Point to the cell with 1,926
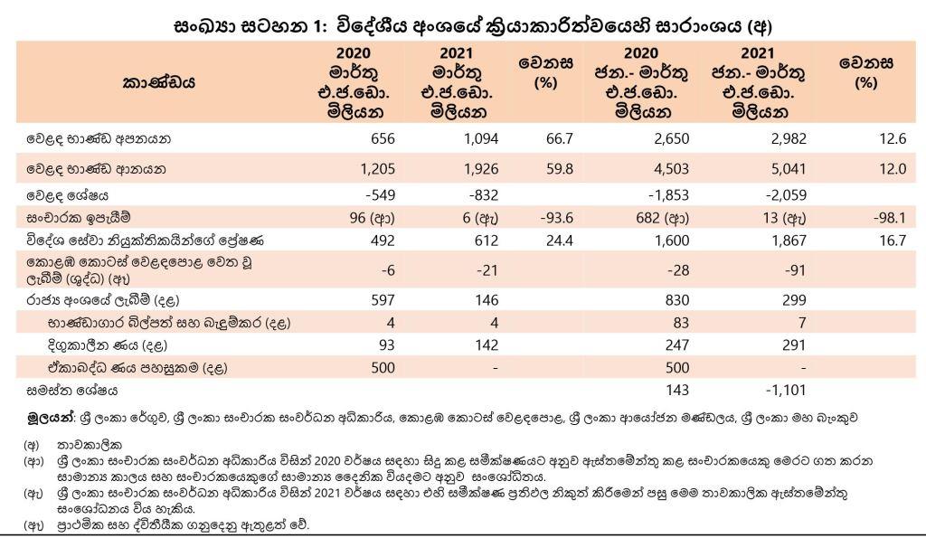pyautogui.click(x=473, y=168)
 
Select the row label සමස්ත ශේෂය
pyautogui.click(x=71, y=391)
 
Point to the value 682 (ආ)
pyautogui.click(x=662, y=218)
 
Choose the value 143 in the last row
pyautogui.click(x=675, y=391)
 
